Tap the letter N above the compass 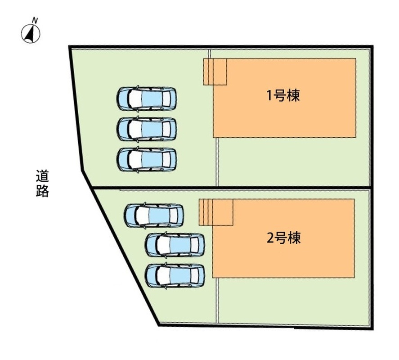click(x=35, y=20)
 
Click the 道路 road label click(x=42, y=183)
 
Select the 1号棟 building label click(x=283, y=95)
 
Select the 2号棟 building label click(x=284, y=238)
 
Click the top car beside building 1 click(x=147, y=99)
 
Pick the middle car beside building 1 click(x=147, y=129)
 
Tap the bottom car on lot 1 click(x=147, y=159)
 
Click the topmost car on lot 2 click(x=154, y=216)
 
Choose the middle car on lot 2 click(x=175, y=245)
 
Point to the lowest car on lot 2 click(x=175, y=275)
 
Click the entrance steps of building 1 click(x=215, y=72)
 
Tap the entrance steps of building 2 click(x=216, y=212)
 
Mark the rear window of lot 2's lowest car click(x=195, y=275)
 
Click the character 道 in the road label click(x=42, y=176)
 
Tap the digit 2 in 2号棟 click(x=270, y=238)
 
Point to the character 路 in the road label click(x=42, y=191)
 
